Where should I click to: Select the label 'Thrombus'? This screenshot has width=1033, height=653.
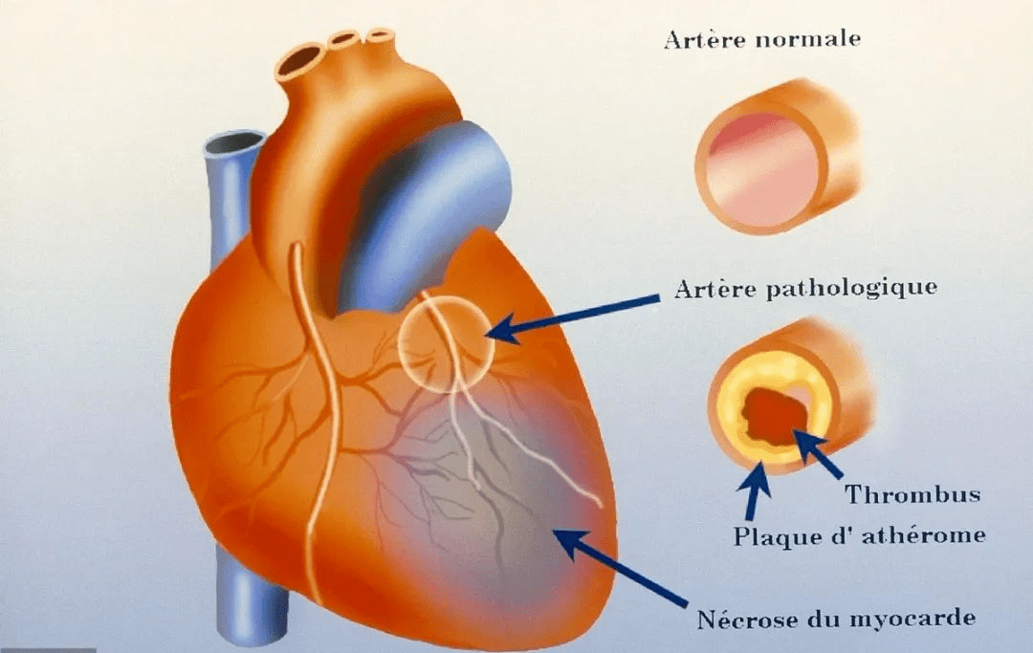pos(912,493)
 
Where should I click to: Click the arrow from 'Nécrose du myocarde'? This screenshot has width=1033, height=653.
pos(619,567)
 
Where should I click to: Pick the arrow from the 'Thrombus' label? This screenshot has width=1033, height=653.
pos(818,453)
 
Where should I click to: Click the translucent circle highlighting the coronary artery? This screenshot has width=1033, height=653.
pos(399,344)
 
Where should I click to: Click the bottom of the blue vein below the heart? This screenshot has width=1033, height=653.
pos(253,622)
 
